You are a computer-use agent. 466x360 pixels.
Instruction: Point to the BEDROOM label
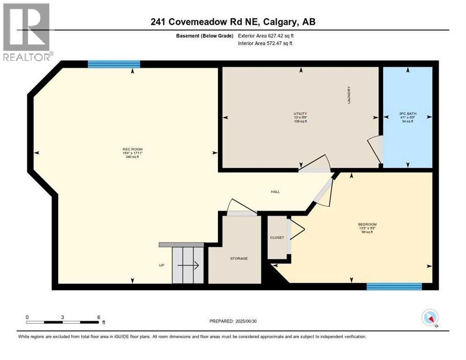pyautogui.click(x=367, y=224)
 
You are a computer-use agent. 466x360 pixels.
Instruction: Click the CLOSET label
pyautogui.click(x=277, y=238)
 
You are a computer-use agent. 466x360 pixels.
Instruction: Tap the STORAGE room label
pyautogui.click(x=239, y=258)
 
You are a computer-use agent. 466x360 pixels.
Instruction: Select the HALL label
pyautogui.click(x=275, y=192)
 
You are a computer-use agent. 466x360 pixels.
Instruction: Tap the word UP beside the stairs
pyautogui.click(x=162, y=265)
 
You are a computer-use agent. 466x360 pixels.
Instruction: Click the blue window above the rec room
pyautogui.click(x=114, y=64)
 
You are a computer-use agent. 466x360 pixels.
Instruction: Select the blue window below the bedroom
pyautogui.click(x=394, y=286)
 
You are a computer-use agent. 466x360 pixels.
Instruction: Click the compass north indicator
pyautogui.click(x=430, y=318)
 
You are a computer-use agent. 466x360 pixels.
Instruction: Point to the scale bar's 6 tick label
pyautogui.click(x=98, y=317)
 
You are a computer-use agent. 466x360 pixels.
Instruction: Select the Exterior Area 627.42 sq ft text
pyautogui.click(x=266, y=35)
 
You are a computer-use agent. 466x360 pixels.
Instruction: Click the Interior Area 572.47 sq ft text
pyautogui.click(x=266, y=44)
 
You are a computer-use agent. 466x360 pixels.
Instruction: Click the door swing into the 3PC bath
pyautogui.click(x=375, y=149)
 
